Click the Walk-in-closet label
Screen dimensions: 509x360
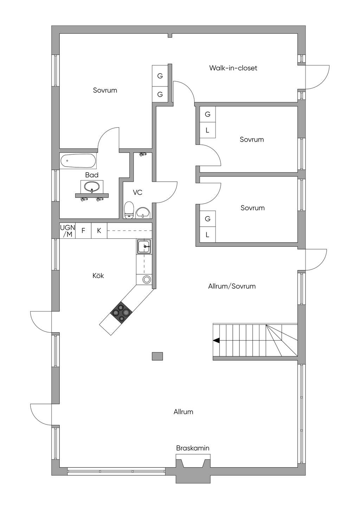click(x=233, y=68)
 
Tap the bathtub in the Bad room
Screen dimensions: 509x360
click(x=78, y=161)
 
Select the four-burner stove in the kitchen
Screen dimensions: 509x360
click(x=121, y=312)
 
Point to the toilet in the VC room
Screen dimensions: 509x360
click(x=129, y=210)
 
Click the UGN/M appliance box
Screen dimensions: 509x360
click(x=67, y=231)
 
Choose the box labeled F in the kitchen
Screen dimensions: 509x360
click(x=83, y=231)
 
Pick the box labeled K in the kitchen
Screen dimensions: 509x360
click(x=99, y=231)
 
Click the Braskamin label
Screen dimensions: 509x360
click(x=193, y=448)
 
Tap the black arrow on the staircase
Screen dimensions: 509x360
click(x=216, y=340)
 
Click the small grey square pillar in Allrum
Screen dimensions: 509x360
click(x=157, y=356)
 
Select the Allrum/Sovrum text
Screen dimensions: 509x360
click(x=232, y=286)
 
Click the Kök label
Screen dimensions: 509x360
click(x=98, y=276)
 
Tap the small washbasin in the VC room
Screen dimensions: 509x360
click(x=143, y=213)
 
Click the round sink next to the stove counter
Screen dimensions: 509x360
click(x=146, y=279)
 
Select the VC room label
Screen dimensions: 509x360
click(x=137, y=192)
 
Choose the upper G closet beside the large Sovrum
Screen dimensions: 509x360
click(x=160, y=76)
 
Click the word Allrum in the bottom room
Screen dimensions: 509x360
click(x=183, y=412)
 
